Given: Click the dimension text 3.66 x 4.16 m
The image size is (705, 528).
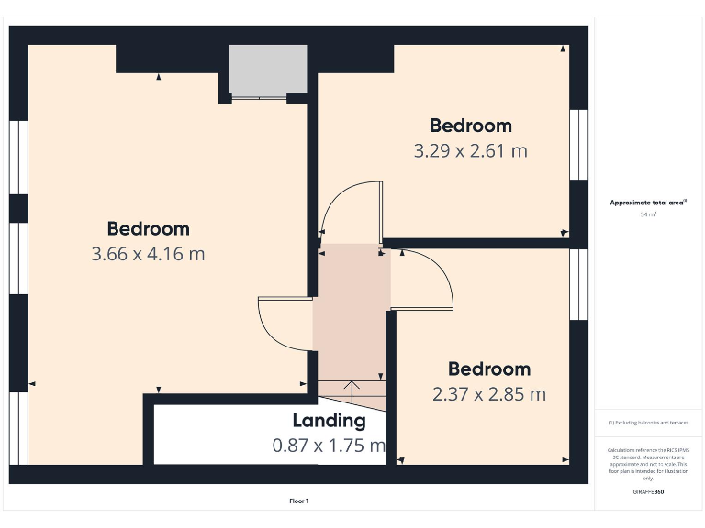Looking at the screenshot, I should tap(148, 254).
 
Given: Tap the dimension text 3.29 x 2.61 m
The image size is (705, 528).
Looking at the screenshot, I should tap(470, 150).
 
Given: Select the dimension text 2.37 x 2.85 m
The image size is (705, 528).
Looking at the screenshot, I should tap(488, 394).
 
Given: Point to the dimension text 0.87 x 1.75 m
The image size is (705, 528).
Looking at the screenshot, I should tap(329, 445).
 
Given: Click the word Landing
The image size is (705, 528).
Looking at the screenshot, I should tap(329, 421).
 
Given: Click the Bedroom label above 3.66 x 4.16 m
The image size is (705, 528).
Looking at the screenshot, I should tap(148, 228).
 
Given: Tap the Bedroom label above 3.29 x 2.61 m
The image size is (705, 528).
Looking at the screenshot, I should tap(470, 125).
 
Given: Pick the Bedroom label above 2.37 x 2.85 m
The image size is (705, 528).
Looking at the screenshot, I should tap(488, 368).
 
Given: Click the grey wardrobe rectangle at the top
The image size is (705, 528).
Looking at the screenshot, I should tap(267, 70).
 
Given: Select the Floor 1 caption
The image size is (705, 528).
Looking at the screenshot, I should tap(299, 501).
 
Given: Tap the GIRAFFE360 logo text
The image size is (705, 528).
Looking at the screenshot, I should tap(648, 492).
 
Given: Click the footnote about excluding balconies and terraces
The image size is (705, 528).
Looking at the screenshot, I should tap(648, 423).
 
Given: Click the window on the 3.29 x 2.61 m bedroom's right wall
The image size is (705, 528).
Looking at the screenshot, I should tap(578, 145).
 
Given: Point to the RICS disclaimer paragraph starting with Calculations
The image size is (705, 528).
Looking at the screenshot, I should tap(648, 464).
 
